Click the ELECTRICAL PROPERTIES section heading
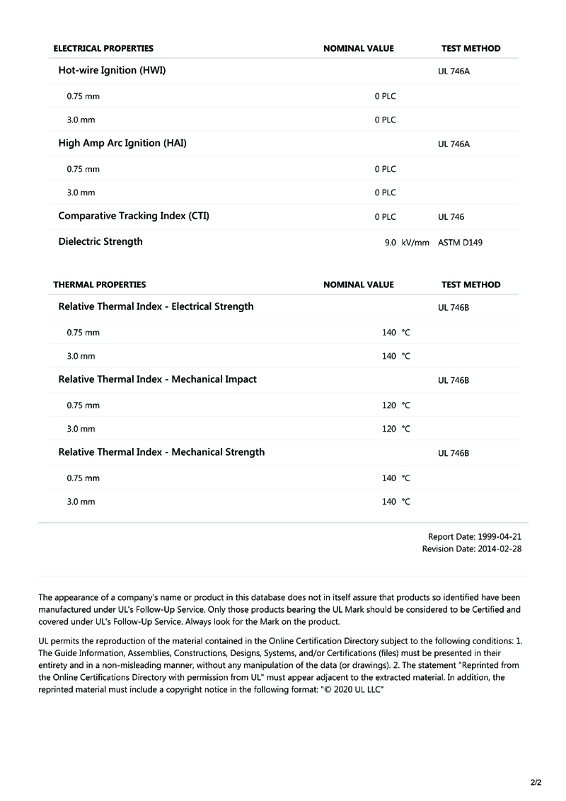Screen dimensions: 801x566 103,49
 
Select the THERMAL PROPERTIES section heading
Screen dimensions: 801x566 100,284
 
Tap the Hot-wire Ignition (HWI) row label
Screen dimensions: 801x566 112,71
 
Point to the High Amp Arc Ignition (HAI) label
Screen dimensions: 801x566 122,143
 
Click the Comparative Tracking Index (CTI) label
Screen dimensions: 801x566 134,216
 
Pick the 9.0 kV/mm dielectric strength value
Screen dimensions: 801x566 407,243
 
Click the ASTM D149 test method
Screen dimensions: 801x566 461,243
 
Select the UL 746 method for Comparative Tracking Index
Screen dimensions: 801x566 451,217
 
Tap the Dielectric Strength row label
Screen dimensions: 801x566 100,241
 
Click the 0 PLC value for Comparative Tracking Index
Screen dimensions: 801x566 386,217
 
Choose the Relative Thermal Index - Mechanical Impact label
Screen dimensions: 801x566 157,379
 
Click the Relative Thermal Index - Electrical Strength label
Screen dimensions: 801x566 156,306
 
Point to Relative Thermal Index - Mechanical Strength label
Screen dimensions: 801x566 161,452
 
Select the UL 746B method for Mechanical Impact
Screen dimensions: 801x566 454,381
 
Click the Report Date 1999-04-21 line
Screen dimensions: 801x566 475,537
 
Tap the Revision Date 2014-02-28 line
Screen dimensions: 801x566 472,548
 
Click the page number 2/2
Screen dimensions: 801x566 536,783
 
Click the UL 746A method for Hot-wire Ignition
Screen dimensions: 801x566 454,72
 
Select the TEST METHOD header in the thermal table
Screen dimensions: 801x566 470,284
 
